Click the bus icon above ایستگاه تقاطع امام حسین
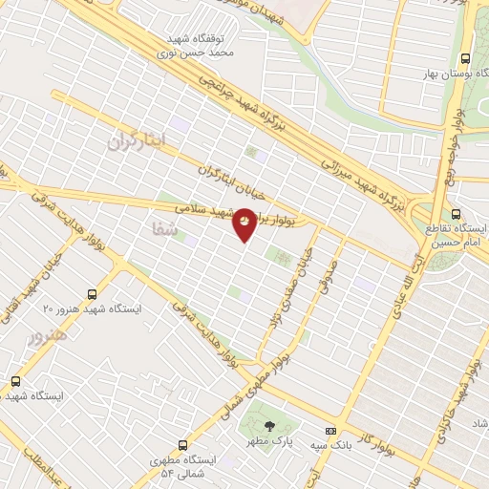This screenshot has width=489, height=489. coord(456,215)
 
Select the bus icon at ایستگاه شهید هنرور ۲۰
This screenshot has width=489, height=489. coord(92,294)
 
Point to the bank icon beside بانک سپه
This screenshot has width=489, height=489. coord(330,431)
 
